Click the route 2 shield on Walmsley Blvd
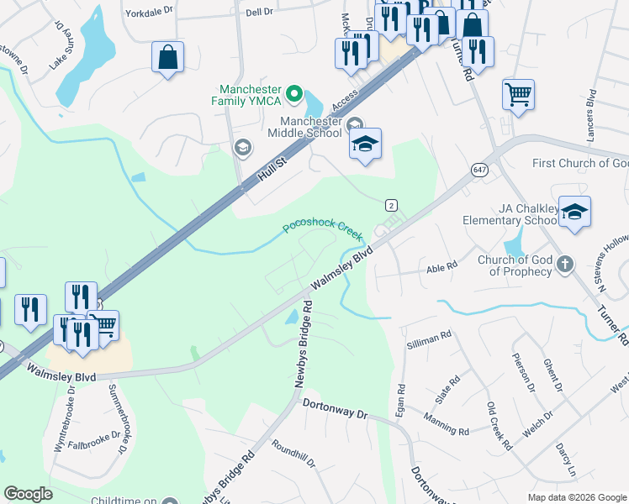[391, 205]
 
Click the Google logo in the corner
[28, 493]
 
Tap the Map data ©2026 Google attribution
[577, 497]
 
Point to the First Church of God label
[580, 163]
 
